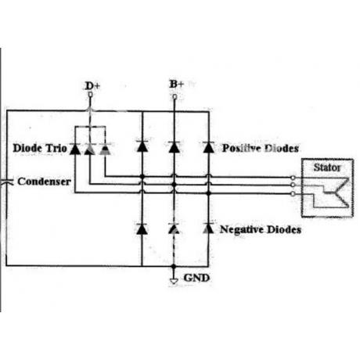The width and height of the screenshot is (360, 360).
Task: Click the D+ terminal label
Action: [x=92, y=86]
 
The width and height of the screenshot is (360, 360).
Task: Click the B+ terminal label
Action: [x=177, y=85]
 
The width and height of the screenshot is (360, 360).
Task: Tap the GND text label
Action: [x=196, y=278]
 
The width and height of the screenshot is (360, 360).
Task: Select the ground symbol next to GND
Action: [x=174, y=281]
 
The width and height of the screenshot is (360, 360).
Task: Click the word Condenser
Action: [x=44, y=182]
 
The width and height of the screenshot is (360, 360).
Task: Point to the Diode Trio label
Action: [x=40, y=148]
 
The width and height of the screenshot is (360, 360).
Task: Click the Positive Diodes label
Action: [x=260, y=148]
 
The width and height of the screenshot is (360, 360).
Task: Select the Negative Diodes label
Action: [x=261, y=229]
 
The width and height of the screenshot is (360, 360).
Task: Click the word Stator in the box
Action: [x=327, y=167]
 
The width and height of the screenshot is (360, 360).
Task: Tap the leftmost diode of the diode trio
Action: [x=75, y=149]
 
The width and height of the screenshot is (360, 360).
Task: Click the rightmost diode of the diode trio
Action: [x=105, y=149]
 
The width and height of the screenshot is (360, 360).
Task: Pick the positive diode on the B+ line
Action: [x=174, y=146]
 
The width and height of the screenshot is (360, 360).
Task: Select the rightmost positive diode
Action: [x=208, y=147]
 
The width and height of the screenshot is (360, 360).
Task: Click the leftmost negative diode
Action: [x=142, y=229]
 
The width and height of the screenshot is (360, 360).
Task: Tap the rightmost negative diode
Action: [x=208, y=229]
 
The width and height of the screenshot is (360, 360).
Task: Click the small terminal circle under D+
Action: [x=90, y=95]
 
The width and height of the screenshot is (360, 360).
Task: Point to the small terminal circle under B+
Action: [x=175, y=97]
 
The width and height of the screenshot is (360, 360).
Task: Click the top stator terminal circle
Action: [x=293, y=178]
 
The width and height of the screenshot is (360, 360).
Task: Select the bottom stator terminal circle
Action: [x=293, y=194]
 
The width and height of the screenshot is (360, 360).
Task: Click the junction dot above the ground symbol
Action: [x=174, y=266]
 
